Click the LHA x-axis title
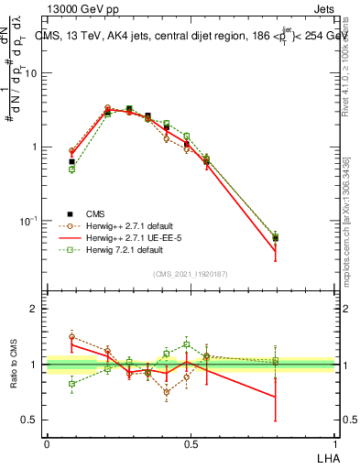pyautogui.click(x=327, y=456)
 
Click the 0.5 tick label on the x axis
pyautogui.click(x=191, y=443)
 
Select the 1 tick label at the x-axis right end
pyautogui.click(x=336, y=443)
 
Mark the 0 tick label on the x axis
pyautogui.click(x=47, y=443)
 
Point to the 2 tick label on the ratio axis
pyautogui.click(x=36, y=309)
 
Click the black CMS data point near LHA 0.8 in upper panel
pyautogui.click(x=275, y=238)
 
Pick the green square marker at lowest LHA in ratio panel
pyautogui.click(x=72, y=384)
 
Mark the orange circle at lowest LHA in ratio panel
pyautogui.click(x=72, y=337)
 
